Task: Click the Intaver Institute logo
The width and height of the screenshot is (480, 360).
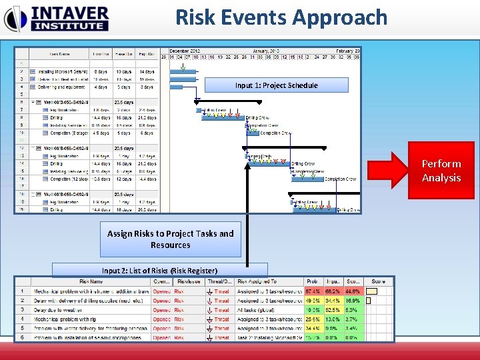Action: click(x=56, y=18)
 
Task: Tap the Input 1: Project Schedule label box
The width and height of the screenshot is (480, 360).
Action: click(x=276, y=85)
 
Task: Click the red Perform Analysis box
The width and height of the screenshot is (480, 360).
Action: click(x=441, y=171)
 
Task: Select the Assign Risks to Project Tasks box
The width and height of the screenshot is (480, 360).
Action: click(x=170, y=239)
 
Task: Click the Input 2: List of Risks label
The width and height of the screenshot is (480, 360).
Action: click(x=159, y=271)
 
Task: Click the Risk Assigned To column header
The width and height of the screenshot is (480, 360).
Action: click(x=261, y=281)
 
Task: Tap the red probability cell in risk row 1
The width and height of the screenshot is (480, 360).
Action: click(x=312, y=291)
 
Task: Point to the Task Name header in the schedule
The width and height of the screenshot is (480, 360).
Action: click(x=61, y=54)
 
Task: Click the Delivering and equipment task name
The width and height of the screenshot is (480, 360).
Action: click(x=61, y=87)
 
